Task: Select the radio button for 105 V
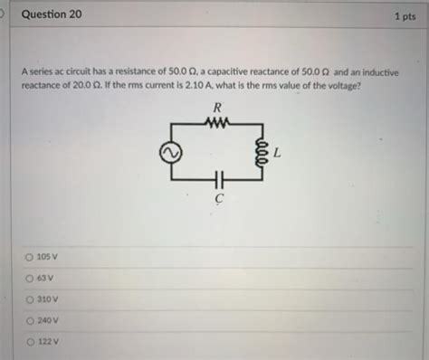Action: (x=31, y=257)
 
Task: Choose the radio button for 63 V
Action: (x=31, y=278)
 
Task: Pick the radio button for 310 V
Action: (x=31, y=298)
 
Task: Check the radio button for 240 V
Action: (x=31, y=320)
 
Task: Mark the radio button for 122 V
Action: (x=31, y=341)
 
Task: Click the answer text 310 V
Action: (x=48, y=299)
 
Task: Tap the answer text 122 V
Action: (x=48, y=342)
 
